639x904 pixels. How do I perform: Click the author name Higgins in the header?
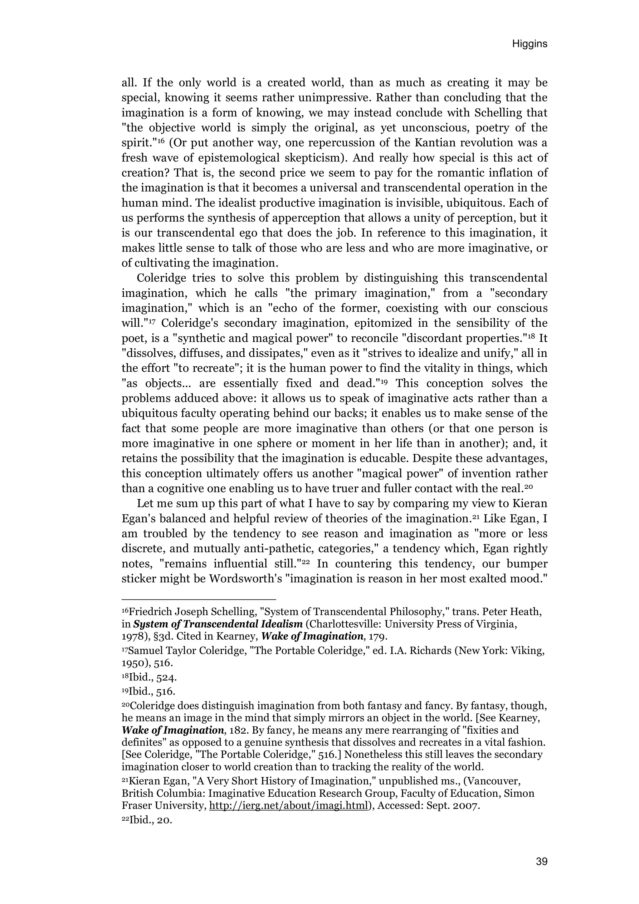529,44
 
